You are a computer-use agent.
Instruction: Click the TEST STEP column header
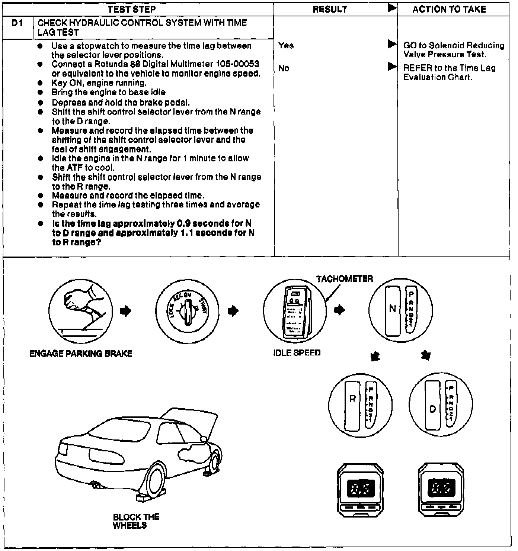131,9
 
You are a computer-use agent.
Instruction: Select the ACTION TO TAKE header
449,9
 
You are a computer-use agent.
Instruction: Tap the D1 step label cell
17,23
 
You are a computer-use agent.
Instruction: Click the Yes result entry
286,45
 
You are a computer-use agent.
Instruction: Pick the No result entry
284,68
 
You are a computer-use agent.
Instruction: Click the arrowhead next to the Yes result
391,44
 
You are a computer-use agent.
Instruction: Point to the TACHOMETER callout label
345,279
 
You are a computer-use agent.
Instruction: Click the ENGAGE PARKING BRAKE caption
81,354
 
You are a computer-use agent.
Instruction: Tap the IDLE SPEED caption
297,353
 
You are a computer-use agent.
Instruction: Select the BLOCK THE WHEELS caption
136,521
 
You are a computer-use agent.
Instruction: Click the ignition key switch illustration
187,311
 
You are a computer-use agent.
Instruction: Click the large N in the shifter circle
393,309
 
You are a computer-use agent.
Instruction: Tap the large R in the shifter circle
352,399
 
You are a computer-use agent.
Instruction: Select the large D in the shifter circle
432,409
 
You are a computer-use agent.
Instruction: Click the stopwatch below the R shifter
360,490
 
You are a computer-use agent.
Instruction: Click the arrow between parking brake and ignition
126,311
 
